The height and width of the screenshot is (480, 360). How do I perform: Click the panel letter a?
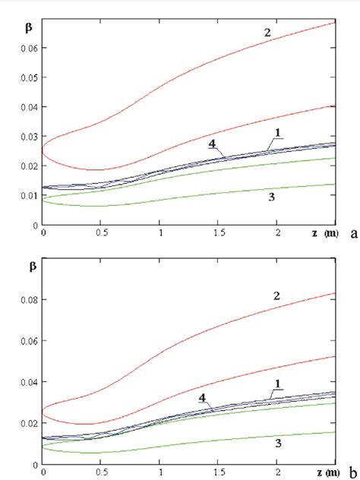coord(352,235)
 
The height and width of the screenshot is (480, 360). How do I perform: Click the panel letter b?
coord(352,472)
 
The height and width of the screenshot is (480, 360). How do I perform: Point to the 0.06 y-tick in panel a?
coord(30,47)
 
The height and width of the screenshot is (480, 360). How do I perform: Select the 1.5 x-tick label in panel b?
coord(218,472)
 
